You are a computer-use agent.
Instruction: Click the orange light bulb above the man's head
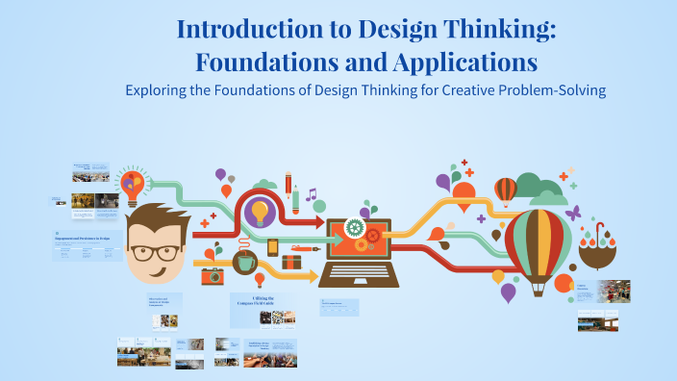click(x=133, y=181)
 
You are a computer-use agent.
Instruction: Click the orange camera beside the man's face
click(x=212, y=276)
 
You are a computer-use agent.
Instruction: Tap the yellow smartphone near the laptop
click(x=273, y=247)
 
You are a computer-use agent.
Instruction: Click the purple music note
click(x=311, y=195)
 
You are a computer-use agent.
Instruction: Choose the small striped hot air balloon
click(x=505, y=190)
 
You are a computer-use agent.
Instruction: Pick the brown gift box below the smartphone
click(x=291, y=261)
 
